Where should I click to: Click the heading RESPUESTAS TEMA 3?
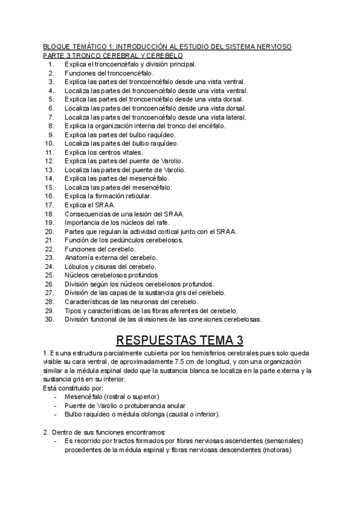tap(180, 340)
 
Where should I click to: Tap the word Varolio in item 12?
tap(172, 161)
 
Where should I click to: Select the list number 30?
tap(50, 319)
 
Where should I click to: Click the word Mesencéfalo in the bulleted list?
tap(85, 397)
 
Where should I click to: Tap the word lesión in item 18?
tap(139, 214)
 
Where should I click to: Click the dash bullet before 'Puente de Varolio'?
tap(56, 406)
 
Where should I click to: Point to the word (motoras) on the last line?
tap(277, 450)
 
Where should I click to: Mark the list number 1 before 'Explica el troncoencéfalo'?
tap(52, 64)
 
